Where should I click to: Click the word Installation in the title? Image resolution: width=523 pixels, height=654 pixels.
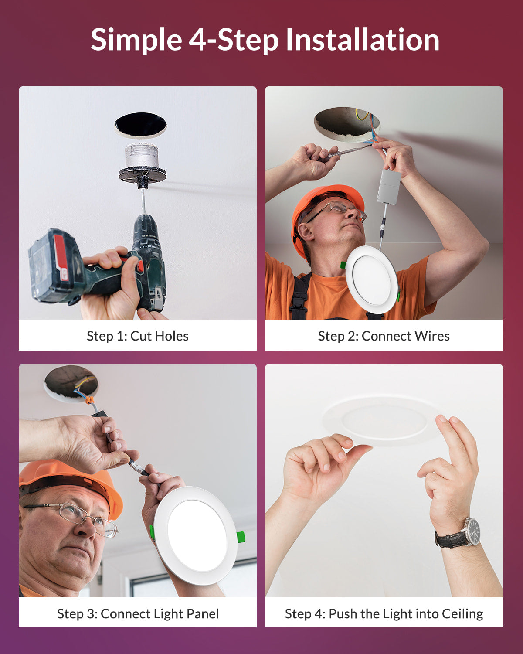coord(362,40)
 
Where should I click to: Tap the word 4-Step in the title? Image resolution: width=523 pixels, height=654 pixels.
coord(233,40)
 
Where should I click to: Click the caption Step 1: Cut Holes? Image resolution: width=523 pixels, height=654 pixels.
coord(137,336)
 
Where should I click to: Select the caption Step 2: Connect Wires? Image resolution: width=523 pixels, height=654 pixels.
coord(384,336)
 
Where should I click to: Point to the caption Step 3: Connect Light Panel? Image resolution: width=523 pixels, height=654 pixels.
coord(138,613)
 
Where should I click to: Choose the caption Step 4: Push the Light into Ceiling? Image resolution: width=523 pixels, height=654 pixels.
coord(384,613)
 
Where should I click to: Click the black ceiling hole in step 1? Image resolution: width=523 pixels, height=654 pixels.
coord(140,125)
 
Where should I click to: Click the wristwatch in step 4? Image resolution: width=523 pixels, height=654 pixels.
coord(471,532)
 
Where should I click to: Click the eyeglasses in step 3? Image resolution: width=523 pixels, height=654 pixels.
coord(78,517)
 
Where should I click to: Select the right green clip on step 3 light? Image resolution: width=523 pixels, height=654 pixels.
coord(241,537)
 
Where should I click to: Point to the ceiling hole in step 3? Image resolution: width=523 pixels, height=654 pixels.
coord(71,382)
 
